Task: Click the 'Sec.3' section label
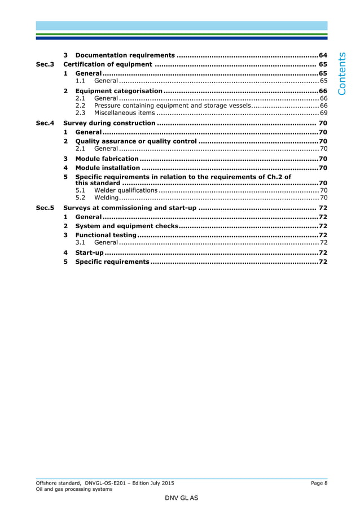(x=45, y=64)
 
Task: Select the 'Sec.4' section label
(x=45, y=123)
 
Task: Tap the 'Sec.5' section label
(x=45, y=208)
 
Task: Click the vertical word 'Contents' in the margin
(x=344, y=73)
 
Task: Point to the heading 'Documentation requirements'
(x=125, y=55)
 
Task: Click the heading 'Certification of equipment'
(x=108, y=64)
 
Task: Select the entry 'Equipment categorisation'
(x=118, y=91)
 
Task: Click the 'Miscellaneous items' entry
(x=124, y=113)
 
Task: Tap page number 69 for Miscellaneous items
(x=323, y=113)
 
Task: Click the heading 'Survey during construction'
(x=109, y=123)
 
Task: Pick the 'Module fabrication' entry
(x=107, y=159)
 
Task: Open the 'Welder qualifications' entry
(x=126, y=190)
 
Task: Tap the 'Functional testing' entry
(x=106, y=235)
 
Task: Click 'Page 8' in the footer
(x=319, y=483)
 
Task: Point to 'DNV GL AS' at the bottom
(x=181, y=499)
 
